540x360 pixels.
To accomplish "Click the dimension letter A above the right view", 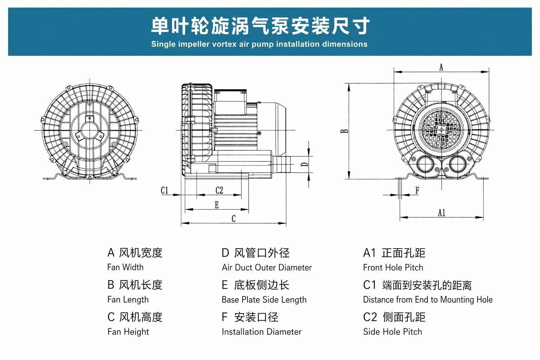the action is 441,67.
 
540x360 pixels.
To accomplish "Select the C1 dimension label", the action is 165,190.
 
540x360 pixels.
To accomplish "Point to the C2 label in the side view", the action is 219,190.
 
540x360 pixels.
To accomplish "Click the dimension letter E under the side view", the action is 217,205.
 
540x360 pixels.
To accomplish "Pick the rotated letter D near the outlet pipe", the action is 305,165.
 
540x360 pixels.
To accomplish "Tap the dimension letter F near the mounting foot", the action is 417,191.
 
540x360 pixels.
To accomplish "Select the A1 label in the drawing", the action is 442,213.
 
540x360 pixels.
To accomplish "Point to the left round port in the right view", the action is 425,164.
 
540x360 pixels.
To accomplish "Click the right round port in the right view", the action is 457,164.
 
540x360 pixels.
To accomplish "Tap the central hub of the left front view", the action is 89,130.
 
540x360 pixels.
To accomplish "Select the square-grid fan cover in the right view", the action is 441,130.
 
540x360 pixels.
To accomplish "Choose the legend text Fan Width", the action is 126,267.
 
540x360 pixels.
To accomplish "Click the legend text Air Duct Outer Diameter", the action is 266,268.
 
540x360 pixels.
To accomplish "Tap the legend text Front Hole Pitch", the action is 393,268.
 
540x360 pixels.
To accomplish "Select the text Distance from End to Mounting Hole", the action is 428,300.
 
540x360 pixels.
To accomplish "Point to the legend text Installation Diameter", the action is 262,332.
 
